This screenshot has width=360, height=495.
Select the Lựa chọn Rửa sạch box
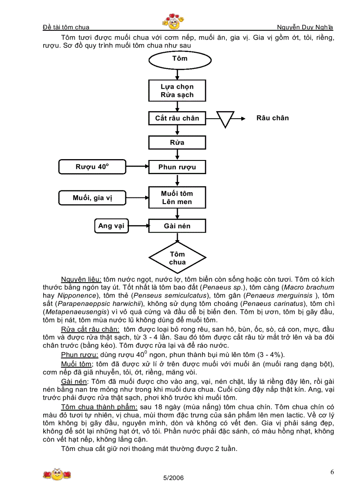tap(177, 91)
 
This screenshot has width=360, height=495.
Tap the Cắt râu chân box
tap(177, 118)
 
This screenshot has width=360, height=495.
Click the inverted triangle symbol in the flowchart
tap(226, 119)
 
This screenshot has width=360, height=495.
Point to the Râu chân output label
tap(272, 118)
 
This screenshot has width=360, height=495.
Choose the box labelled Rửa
tap(177, 143)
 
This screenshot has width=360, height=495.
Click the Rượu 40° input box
tap(92, 167)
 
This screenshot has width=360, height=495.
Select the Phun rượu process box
tap(177, 167)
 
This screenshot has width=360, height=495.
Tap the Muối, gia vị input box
tap(93, 198)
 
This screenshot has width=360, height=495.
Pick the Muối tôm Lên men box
tap(177, 198)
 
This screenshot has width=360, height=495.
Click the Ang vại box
tap(111, 226)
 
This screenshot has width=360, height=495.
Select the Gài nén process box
tap(177, 226)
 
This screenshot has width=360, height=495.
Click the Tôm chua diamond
tap(177, 258)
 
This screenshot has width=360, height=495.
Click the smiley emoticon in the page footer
tap(57, 474)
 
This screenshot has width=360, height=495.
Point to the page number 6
tap(332, 472)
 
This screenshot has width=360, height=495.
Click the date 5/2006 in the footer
tap(173, 478)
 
